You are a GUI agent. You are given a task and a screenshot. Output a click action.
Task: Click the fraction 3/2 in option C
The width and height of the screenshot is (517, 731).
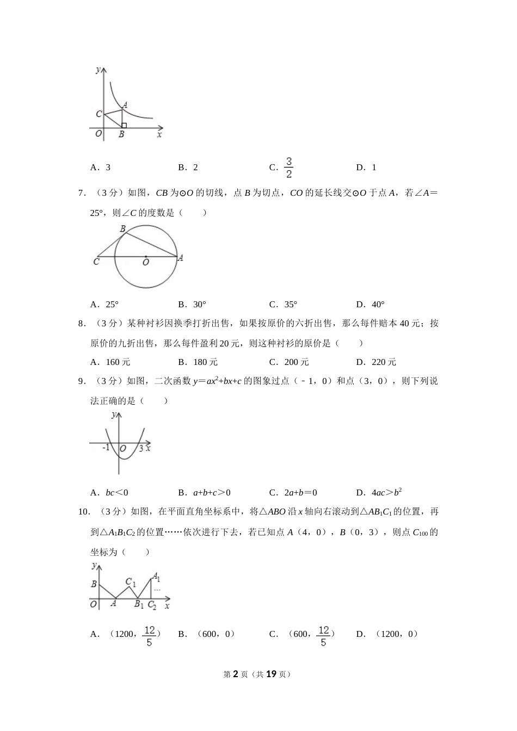(x=289, y=168)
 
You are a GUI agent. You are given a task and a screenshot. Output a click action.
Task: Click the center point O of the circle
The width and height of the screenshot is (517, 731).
(x=145, y=257)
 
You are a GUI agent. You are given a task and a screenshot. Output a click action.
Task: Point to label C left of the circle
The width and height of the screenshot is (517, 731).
(x=96, y=262)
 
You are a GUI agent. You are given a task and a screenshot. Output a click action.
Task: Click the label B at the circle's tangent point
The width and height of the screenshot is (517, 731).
(x=122, y=229)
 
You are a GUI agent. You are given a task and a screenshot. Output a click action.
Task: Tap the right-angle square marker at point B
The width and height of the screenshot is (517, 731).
(x=124, y=126)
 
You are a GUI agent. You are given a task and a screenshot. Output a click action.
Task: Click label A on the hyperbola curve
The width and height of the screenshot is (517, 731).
(x=125, y=105)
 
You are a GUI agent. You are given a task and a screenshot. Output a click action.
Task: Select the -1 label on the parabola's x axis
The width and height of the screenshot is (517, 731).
(x=106, y=448)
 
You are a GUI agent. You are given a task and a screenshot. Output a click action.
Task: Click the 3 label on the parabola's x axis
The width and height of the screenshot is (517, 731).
(x=141, y=448)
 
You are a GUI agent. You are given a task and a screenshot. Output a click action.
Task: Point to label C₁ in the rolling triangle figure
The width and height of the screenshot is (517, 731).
(x=131, y=583)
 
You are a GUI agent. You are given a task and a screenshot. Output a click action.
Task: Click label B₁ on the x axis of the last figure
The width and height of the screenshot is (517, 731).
(x=139, y=604)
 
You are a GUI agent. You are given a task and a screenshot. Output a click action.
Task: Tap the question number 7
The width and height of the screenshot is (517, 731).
(x=81, y=193)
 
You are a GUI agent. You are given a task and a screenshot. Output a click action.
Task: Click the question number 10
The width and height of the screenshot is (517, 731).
(x=83, y=512)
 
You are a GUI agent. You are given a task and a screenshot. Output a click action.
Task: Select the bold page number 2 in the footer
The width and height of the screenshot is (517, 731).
(x=236, y=674)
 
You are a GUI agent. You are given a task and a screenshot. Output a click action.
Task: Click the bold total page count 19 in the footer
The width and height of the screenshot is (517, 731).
(x=272, y=674)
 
